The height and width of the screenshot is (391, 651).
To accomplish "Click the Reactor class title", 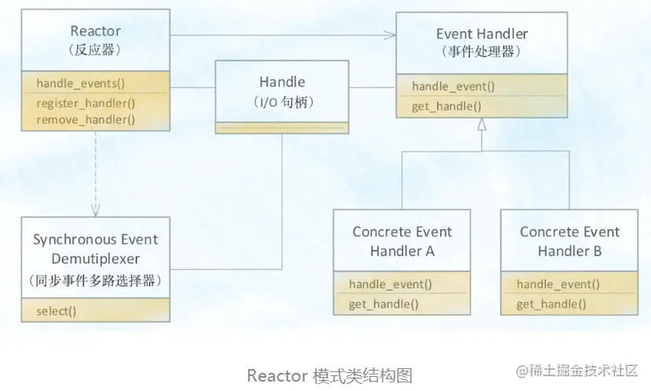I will click(95, 31).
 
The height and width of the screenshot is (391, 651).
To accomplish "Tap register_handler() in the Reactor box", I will click(86, 102).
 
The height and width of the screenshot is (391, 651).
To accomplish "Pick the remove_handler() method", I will click(86, 119).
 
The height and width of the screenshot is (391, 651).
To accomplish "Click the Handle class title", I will click(282, 82).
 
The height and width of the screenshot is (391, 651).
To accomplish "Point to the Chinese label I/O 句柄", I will click(282, 101).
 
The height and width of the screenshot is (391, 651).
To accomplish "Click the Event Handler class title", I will click(482, 34).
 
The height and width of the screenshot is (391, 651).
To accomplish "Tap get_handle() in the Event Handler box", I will click(446, 106).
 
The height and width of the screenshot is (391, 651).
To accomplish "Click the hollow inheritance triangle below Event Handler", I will click(481, 124).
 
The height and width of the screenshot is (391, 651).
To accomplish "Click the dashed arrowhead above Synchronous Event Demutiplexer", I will click(95, 210).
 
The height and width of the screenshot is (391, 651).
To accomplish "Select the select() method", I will click(57, 310).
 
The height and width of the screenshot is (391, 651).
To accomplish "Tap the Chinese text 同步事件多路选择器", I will click(95, 280).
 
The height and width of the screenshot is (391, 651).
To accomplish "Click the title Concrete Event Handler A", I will click(402, 241).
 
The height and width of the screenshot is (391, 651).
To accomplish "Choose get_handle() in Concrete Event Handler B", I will click(551, 304).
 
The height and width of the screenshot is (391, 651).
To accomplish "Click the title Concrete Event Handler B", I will click(569, 241).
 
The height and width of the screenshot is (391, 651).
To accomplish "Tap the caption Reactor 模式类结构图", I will click(329, 375).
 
